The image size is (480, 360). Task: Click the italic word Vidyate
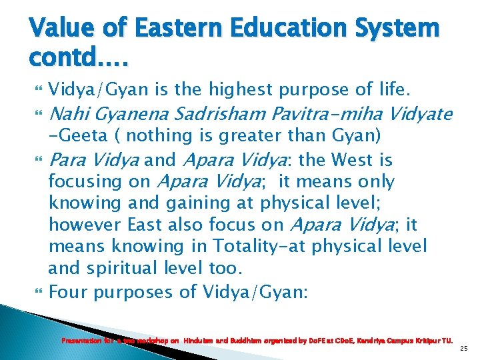click(417, 113)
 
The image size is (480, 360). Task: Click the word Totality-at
click(245, 247)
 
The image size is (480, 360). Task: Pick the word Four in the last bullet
click(69, 291)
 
